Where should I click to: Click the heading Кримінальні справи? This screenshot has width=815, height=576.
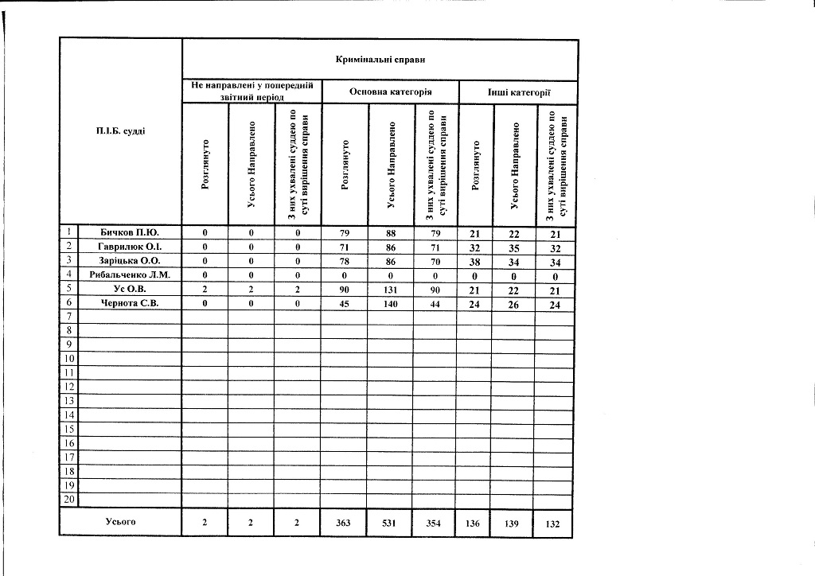point(380,59)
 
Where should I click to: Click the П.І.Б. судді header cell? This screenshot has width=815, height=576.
point(121,130)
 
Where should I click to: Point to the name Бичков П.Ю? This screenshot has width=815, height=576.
point(130,232)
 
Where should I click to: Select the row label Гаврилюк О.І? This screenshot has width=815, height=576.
point(130,246)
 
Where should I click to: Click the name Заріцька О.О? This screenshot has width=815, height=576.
point(130,260)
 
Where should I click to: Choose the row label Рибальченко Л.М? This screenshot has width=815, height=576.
point(130,274)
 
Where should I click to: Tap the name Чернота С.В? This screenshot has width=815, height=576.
point(130,302)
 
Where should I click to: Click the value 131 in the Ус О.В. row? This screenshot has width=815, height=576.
point(391,289)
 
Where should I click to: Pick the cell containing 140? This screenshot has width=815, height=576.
point(391,302)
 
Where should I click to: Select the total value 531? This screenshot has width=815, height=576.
point(391,523)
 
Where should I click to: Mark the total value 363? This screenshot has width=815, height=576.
point(345,523)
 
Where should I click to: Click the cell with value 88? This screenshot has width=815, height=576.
point(391,232)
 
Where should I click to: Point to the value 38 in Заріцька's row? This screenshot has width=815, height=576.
point(475,261)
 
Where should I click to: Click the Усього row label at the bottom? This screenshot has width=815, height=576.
point(121,522)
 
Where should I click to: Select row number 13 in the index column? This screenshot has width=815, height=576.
point(69,400)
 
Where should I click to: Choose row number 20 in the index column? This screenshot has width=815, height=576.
point(69,500)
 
